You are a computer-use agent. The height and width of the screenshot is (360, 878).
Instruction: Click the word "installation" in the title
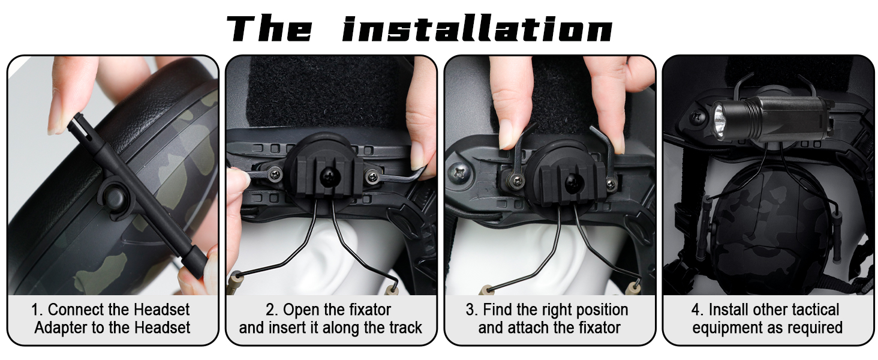pyautogui.click(x=477, y=28)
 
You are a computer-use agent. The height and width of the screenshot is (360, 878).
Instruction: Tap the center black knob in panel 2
pyautogui.click(x=329, y=177)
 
